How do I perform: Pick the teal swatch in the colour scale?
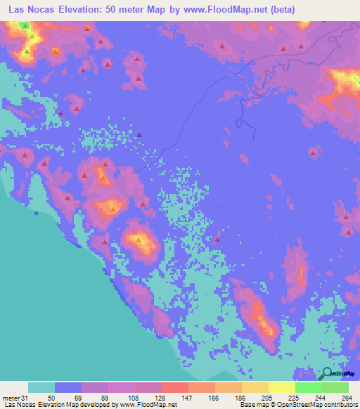coord(41,387)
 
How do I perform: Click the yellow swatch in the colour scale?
coord(281,387)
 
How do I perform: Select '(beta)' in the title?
coord(282,9)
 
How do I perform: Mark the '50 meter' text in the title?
coord(136,9)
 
